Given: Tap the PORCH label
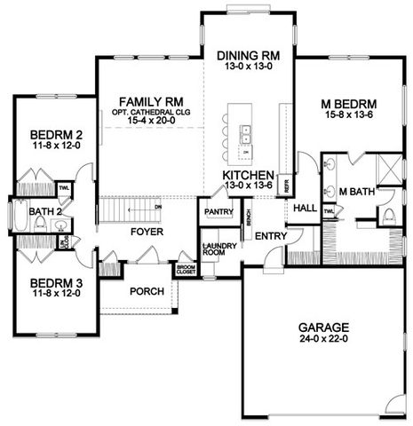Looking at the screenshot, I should pyautogui.click(x=146, y=291).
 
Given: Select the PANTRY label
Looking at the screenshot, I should pyautogui.click(x=218, y=212).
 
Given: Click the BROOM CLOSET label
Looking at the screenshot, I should pyautogui.click(x=185, y=269).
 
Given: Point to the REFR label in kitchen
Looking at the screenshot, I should pyautogui.click(x=286, y=185).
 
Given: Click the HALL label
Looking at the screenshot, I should pyautogui.click(x=305, y=208).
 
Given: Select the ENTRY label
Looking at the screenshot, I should pyautogui.click(x=268, y=236).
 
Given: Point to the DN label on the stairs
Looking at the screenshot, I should pyautogui.click(x=158, y=206).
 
